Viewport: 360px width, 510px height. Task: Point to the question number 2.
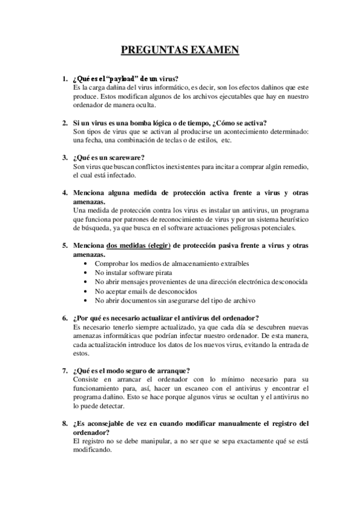[64, 122]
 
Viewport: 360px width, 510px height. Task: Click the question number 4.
[64, 193]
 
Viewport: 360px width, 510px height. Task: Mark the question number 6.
[64, 318]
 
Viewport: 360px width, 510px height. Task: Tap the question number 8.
[64, 423]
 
